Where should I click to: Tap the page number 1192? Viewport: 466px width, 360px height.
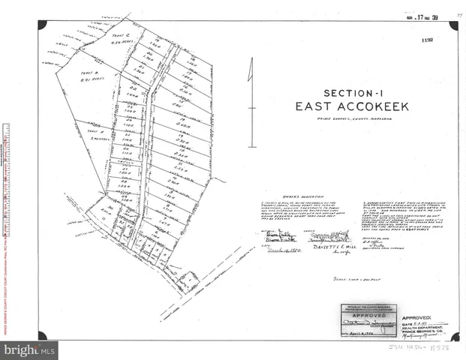(x=428, y=43)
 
